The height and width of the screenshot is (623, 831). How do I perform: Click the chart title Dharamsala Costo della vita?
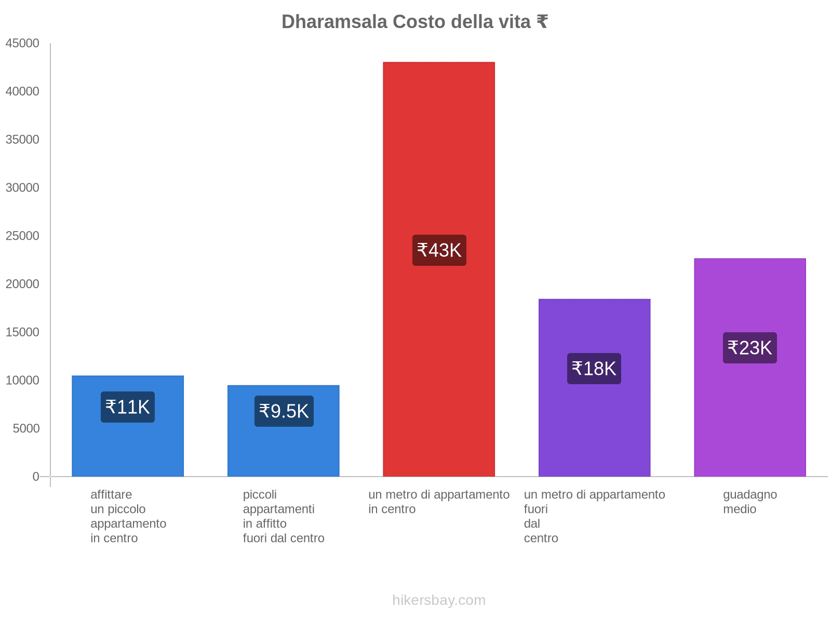coord(414,22)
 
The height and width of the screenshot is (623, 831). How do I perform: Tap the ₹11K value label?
coord(128,407)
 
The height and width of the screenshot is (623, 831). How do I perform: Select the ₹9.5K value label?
coord(284,411)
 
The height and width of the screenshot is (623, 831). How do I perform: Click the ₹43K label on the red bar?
coord(439,250)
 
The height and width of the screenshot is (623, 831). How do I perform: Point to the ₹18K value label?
coord(594,369)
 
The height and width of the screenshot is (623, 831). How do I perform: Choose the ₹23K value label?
coord(750,348)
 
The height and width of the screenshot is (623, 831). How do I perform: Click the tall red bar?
coord(439,156)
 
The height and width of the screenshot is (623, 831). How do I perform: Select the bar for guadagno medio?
coord(750,415)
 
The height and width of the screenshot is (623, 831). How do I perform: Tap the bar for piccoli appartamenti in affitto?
coord(284,452)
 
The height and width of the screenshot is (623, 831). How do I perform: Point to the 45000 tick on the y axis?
coord(23,43)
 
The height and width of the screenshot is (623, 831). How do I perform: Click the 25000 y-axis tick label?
coord(23,236)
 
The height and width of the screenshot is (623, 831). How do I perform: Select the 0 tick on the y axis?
coord(36,477)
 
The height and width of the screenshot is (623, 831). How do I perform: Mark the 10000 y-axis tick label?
coord(23,381)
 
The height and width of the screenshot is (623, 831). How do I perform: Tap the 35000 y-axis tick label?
coord(23,140)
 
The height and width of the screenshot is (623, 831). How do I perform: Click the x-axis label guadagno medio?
coord(750,502)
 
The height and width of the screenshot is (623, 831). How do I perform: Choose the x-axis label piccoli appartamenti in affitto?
coord(284,516)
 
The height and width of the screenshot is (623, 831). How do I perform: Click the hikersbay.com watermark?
coord(439,600)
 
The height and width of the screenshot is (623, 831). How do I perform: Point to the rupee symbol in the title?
coord(542,22)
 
